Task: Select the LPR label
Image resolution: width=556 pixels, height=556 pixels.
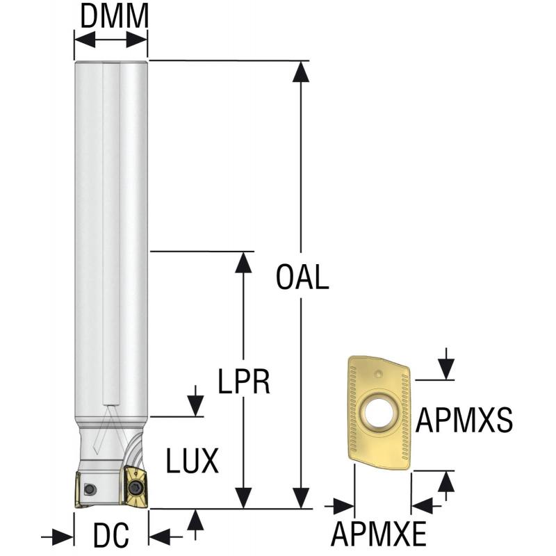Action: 243,381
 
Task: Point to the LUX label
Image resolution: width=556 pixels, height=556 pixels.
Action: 193,459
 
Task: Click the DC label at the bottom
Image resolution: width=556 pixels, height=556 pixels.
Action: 111,536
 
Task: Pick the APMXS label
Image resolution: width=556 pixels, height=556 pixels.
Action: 464,420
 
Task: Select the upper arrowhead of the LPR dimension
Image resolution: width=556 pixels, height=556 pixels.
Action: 243,261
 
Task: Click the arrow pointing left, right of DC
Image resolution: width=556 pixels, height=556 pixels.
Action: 159,536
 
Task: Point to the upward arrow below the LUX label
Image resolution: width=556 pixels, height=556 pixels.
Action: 196,519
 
